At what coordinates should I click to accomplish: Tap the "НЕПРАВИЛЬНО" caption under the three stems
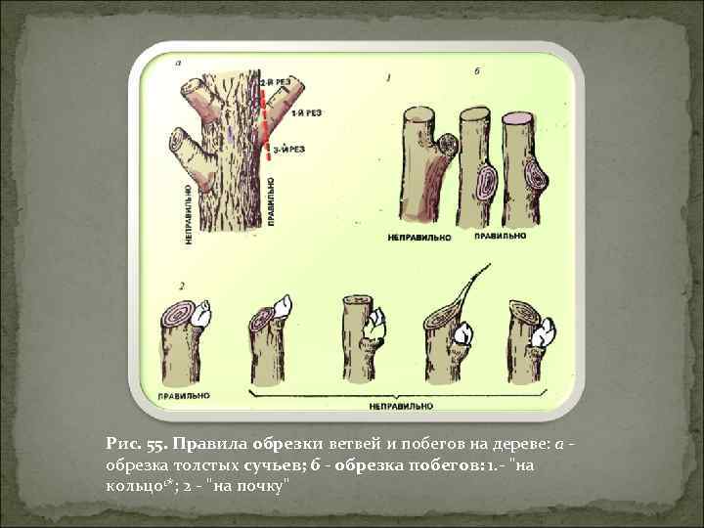[x=415, y=237]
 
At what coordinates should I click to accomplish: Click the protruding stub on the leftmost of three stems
[x=449, y=147]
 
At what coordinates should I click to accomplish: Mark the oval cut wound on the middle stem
[x=485, y=183]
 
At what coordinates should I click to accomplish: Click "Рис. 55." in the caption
[x=136, y=443]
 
